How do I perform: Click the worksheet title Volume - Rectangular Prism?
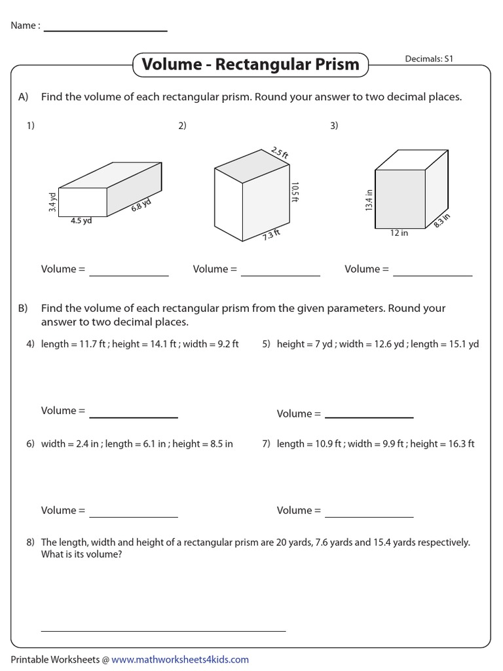tap(250, 64)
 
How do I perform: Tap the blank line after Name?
tap(105, 29)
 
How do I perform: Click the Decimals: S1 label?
tap(430, 58)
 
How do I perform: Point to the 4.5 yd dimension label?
tap(82, 221)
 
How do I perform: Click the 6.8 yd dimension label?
tap(141, 204)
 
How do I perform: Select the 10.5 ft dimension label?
tap(295, 193)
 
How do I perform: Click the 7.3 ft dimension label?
tap(271, 234)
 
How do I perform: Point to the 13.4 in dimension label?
tap(369, 200)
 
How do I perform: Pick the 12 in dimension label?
tap(400, 233)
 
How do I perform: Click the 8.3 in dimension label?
tap(442, 220)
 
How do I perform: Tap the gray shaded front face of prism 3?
tap(400, 199)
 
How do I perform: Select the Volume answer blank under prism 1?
tap(129, 274)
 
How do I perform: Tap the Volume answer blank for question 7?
tap(369, 515)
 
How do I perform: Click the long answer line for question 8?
tap(163, 630)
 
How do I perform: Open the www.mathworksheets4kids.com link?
tap(180, 659)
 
